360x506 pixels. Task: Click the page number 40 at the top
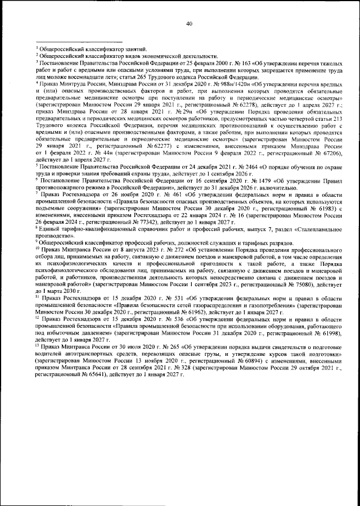pyautogui.click(x=189, y=23)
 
